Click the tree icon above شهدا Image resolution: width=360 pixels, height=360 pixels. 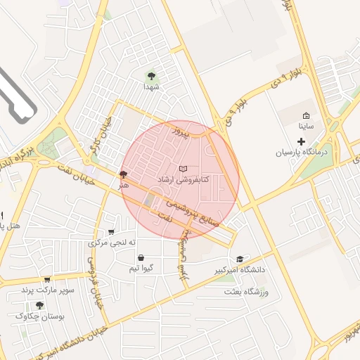pos(150,75)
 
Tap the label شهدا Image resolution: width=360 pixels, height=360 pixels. pos(153,87)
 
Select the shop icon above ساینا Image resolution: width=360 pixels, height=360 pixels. pos(305,116)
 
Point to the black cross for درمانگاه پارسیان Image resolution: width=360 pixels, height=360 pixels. pos(302,141)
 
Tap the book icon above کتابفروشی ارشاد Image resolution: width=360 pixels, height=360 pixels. pos(184,169)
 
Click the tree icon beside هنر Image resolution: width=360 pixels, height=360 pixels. pos(124,174)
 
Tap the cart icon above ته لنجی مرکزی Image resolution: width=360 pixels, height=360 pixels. pos(111,232)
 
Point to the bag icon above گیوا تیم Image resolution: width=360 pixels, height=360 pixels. pos(142,257)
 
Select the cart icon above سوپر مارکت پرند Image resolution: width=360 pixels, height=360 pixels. pos(47,280)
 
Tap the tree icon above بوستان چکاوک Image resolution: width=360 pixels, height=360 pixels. pos(39,306)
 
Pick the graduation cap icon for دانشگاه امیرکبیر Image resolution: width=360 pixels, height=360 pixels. pos(240,259)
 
